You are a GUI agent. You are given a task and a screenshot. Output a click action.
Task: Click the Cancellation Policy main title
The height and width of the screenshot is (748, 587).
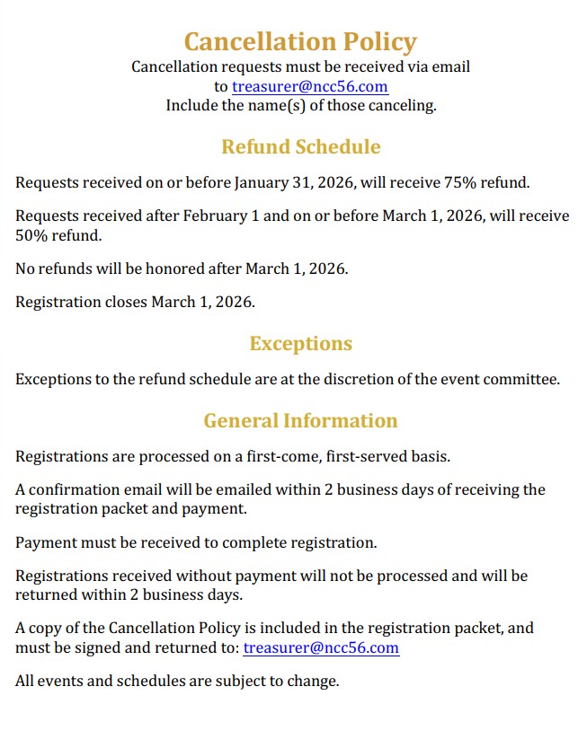coord(300,41)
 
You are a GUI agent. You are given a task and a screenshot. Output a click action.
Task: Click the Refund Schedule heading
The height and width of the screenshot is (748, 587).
coord(300,146)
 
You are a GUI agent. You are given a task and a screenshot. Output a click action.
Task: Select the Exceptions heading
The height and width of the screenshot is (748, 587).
coord(300,343)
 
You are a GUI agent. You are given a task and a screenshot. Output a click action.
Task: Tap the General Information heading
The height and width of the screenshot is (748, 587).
coord(300,420)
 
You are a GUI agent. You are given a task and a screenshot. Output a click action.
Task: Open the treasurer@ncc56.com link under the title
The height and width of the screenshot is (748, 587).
coord(309,86)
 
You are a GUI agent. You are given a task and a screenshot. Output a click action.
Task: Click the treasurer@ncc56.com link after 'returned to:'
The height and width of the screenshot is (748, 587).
coord(321,647)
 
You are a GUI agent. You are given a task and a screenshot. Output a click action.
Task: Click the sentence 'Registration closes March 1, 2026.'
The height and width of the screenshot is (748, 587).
coord(135,302)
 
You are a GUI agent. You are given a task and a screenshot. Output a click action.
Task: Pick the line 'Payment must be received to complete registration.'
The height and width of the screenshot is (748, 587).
coord(196,542)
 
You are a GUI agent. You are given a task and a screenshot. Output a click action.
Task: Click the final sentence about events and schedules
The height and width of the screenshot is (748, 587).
coord(177,681)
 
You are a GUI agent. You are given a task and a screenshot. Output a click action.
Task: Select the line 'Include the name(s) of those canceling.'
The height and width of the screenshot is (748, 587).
coord(300,105)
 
